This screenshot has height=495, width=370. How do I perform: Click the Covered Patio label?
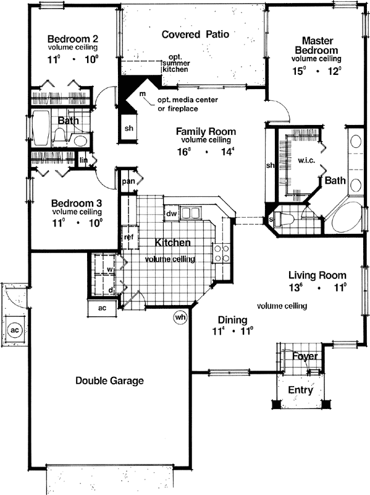pos(195,35)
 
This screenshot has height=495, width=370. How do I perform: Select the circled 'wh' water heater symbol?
pos(180,317)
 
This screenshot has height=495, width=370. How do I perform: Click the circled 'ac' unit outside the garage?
pos(15,330)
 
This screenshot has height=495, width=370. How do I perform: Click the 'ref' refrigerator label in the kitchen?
pos(128,236)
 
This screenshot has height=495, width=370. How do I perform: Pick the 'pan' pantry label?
pos(128,181)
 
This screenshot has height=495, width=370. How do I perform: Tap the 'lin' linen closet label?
pos(84,160)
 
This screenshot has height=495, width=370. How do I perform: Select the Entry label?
pos(301,390)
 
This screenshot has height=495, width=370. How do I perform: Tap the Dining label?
pos(232,320)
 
